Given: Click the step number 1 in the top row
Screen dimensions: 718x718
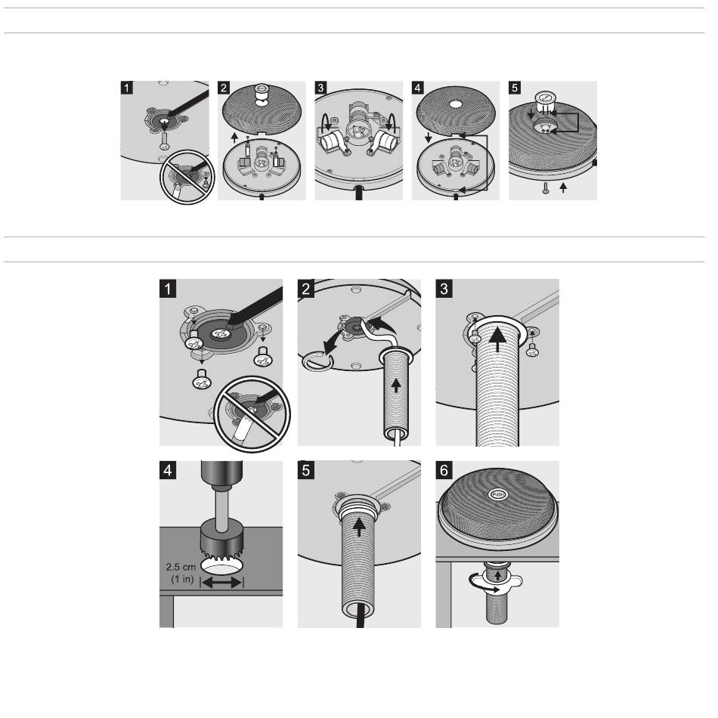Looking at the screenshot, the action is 127,88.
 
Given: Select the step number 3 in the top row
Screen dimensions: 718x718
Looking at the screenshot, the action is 321,88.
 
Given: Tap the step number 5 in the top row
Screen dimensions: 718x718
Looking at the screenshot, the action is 515,88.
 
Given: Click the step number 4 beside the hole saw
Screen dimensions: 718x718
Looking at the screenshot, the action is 168,470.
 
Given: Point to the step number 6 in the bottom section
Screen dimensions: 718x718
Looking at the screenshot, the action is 444,470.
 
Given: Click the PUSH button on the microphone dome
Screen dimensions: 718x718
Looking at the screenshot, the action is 498,494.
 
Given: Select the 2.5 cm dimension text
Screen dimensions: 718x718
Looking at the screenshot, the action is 181,567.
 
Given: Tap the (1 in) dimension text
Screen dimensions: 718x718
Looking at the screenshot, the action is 183,579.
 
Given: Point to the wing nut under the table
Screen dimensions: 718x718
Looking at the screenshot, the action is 497,580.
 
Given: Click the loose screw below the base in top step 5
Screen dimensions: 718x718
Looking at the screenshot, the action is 546,187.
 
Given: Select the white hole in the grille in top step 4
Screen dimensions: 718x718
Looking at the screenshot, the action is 456,104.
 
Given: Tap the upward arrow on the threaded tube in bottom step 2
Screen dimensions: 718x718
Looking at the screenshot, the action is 396,386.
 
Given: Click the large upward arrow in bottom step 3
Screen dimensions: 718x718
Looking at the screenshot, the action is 498,340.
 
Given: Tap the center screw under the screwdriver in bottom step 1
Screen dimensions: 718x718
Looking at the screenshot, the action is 219,335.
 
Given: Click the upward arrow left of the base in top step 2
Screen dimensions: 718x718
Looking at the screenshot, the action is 235,138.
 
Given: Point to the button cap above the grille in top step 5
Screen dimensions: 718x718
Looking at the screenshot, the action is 545,101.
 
